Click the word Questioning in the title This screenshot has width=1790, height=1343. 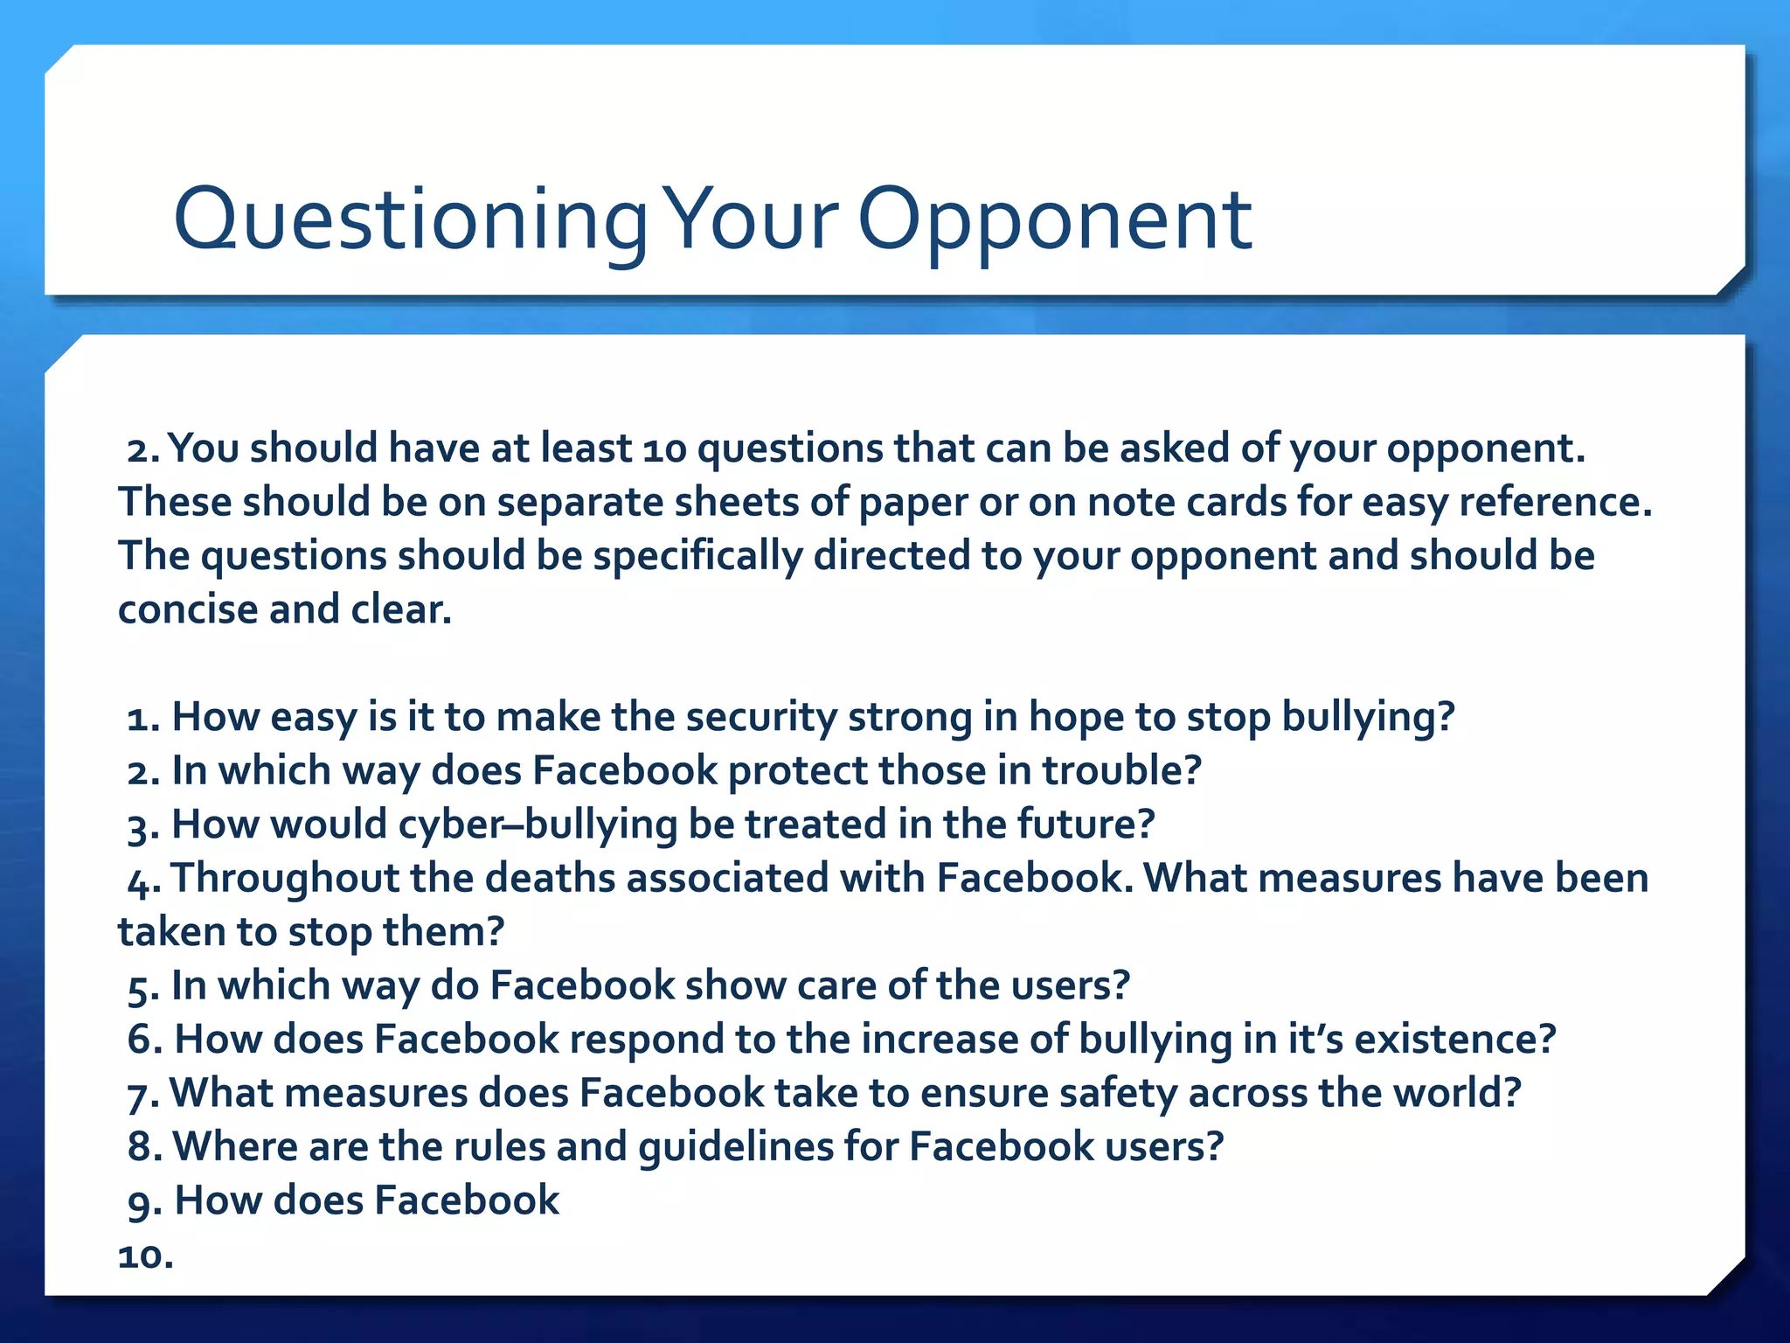click(x=409, y=220)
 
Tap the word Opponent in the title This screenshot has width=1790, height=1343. click(x=1055, y=220)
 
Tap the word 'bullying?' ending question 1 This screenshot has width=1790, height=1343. click(x=1368, y=718)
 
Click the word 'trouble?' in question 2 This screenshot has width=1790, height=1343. click(x=1122, y=771)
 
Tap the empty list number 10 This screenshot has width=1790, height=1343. click(x=145, y=1256)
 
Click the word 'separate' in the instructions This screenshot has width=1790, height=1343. click(x=579, y=503)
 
